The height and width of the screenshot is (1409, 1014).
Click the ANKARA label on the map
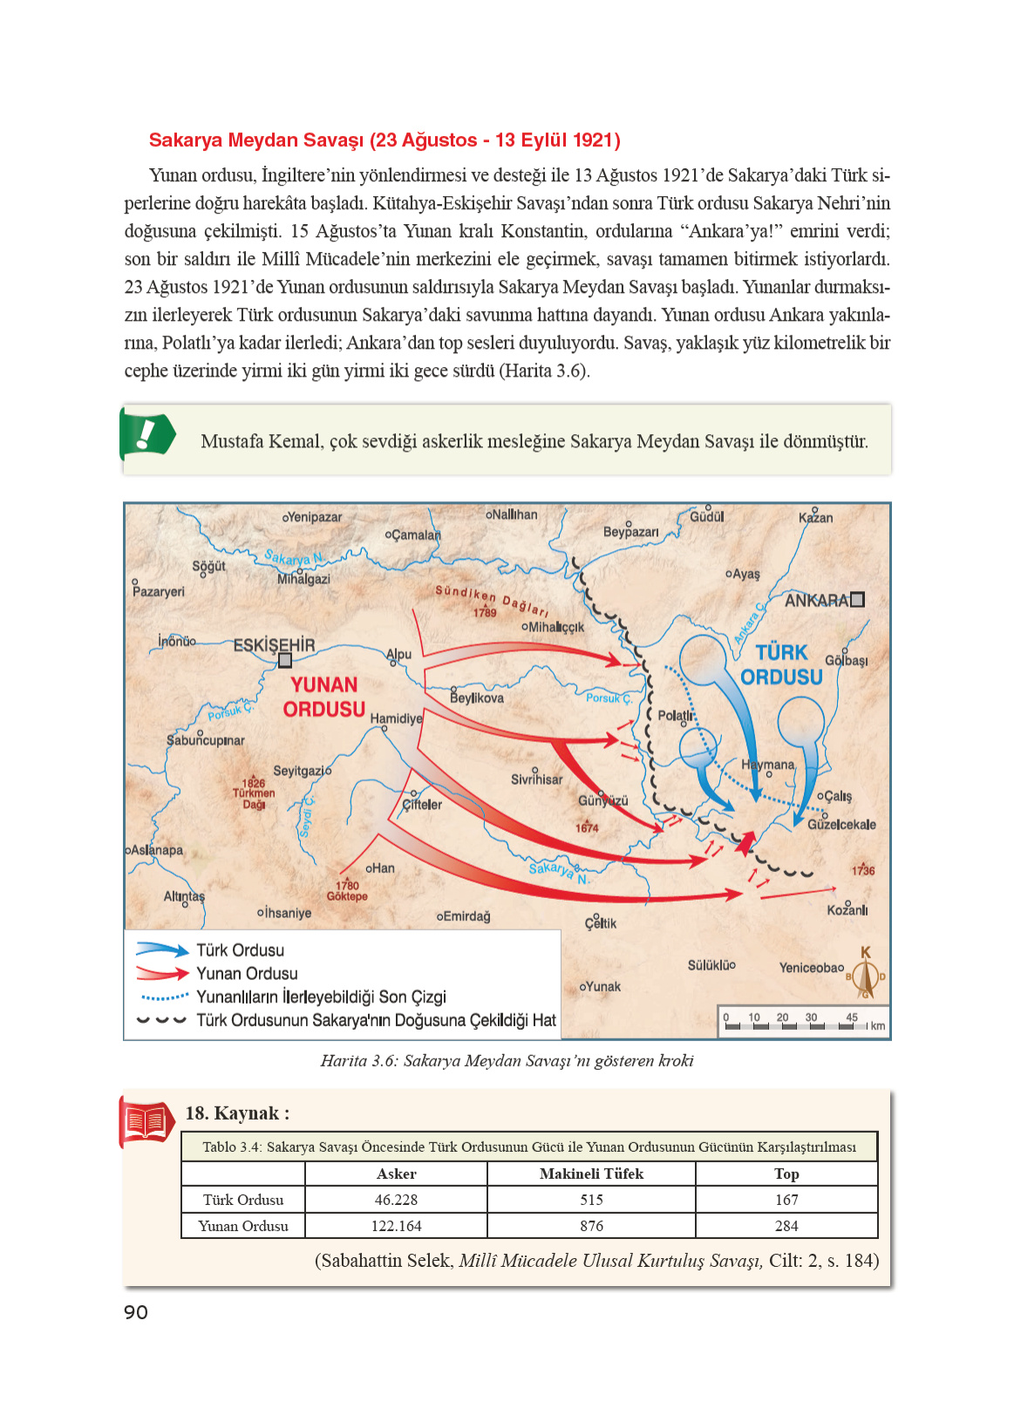[816, 601]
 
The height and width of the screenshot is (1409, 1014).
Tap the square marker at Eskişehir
[284, 661]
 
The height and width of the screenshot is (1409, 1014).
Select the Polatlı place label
[674, 716]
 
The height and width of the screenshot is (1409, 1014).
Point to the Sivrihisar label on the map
[536, 779]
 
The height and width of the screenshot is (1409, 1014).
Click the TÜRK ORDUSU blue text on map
[781, 664]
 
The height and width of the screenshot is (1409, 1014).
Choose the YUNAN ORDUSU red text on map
[323, 697]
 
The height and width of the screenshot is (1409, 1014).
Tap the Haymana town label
[767, 765]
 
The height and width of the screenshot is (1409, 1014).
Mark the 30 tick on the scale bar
[811, 1018]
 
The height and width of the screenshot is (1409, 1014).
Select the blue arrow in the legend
[162, 950]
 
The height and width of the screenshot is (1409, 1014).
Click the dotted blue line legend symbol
[163, 997]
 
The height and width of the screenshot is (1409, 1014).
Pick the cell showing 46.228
[396, 1200]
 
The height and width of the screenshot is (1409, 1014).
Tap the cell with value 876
[591, 1226]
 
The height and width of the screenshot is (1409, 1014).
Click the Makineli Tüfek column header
[591, 1174]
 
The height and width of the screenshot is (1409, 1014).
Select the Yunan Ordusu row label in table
[243, 1226]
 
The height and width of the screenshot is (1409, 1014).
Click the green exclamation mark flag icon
[146, 434]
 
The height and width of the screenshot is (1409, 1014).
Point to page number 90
[136, 1312]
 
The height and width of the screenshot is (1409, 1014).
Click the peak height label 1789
[485, 613]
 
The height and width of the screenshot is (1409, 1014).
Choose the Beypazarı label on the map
[630, 532]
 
